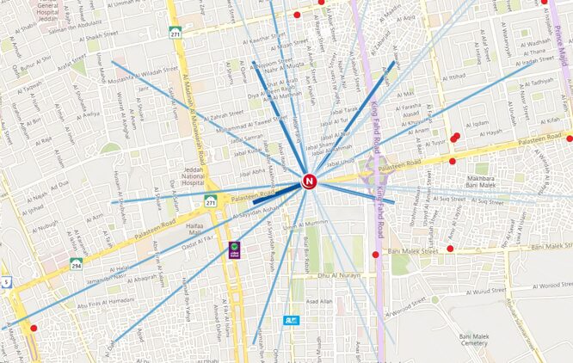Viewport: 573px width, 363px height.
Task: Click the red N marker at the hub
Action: pos(310,181)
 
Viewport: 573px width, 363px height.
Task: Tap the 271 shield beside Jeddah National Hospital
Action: pos(211,201)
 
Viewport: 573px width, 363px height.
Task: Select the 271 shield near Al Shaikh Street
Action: pos(176,33)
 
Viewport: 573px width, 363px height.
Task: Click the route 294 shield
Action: pos(77,264)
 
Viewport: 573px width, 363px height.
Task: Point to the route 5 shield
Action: pos(5,281)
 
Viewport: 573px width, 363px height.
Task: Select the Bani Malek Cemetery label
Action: pos(473,341)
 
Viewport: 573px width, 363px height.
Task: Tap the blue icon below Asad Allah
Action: pos(291,320)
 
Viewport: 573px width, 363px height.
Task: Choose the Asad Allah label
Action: pos(319,301)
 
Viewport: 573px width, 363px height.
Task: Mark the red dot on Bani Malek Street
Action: pos(450,249)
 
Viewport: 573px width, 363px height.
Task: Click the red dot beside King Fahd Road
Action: pos(375,255)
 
